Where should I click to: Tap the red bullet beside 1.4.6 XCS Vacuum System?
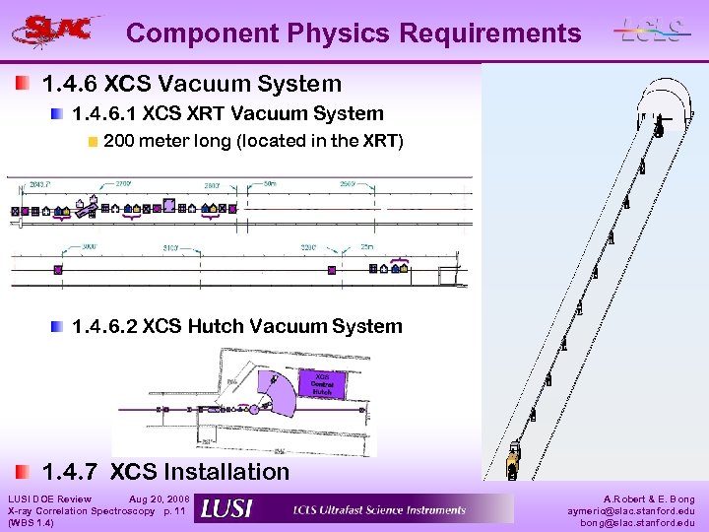click(x=23, y=84)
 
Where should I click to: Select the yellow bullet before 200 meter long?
click(x=93, y=141)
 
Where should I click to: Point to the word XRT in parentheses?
click(x=379, y=141)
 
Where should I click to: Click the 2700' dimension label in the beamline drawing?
click(x=124, y=184)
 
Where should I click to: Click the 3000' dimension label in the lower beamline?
click(x=90, y=247)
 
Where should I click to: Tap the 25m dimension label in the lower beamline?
click(x=366, y=247)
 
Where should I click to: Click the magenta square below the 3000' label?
click(x=58, y=268)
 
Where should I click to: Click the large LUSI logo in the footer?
click(x=226, y=508)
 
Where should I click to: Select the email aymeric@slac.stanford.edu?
click(x=630, y=510)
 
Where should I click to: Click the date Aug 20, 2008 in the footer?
click(x=160, y=499)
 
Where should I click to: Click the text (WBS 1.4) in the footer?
click(x=31, y=522)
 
